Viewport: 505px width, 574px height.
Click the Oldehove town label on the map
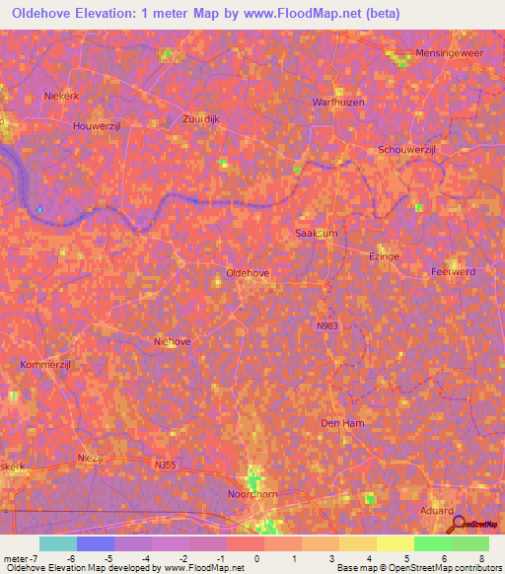click(x=249, y=272)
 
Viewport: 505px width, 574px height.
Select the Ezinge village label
click(x=384, y=255)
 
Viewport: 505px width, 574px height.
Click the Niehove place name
click(x=173, y=341)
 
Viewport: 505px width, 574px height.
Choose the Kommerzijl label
click(x=44, y=365)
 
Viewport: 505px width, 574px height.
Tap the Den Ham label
click(x=342, y=423)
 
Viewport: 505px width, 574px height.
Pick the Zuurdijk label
click(x=204, y=119)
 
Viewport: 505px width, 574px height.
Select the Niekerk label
click(x=60, y=96)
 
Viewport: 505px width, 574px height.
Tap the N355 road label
click(x=166, y=462)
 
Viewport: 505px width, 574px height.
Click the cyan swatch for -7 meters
click(x=57, y=543)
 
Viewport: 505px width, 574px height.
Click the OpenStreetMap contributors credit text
click(x=456, y=568)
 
